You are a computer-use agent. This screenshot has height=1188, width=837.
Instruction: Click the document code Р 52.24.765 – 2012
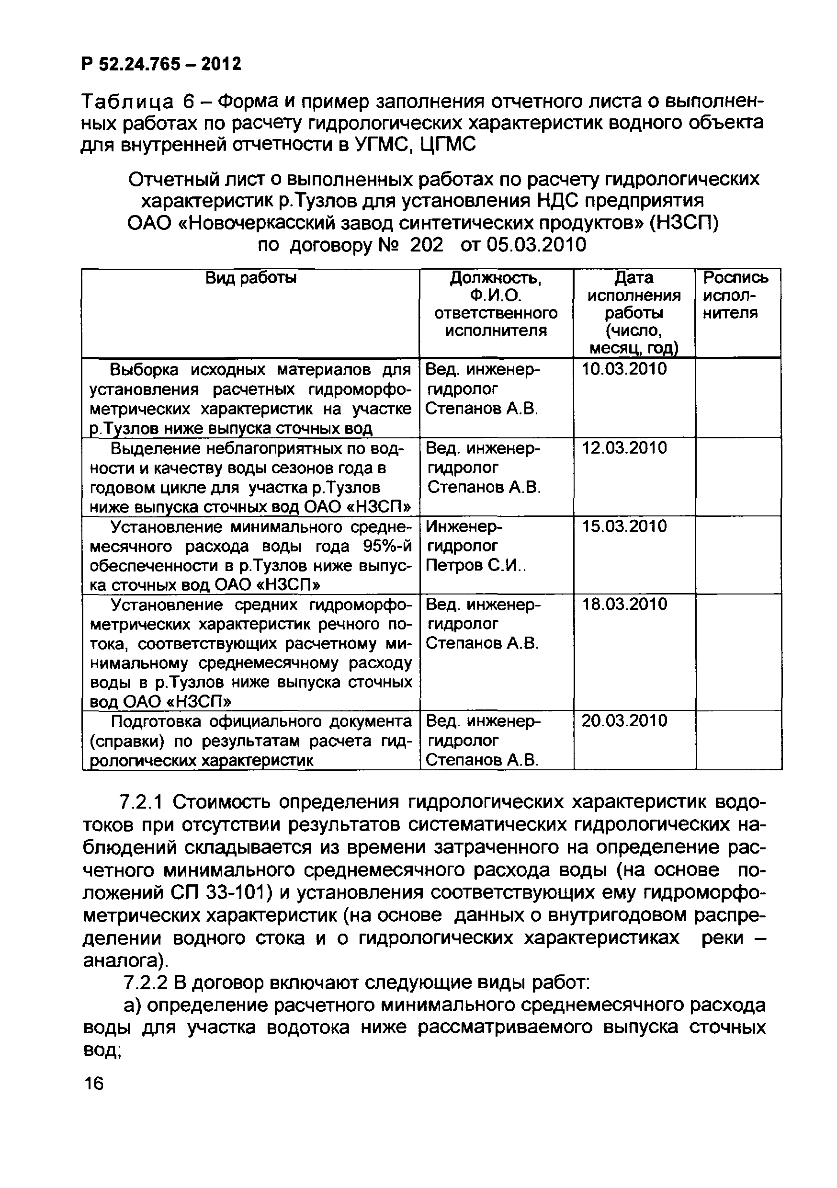click(161, 64)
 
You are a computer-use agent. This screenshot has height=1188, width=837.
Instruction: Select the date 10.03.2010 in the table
click(624, 369)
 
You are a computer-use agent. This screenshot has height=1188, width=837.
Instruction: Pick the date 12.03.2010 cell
click(624, 448)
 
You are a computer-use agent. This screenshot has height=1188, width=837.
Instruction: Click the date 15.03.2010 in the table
click(624, 527)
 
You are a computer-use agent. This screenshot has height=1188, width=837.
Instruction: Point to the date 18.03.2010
click(624, 605)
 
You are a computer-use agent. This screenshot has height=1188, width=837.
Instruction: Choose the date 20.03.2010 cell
click(624, 721)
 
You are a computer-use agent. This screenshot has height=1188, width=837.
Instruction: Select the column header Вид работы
click(251, 278)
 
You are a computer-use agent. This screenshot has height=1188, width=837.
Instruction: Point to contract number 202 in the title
click(426, 245)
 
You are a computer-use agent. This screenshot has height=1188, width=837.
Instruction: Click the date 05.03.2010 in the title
click(536, 245)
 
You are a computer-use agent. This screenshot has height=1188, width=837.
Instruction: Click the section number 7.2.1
click(141, 802)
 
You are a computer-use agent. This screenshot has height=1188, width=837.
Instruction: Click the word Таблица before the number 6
click(127, 102)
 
